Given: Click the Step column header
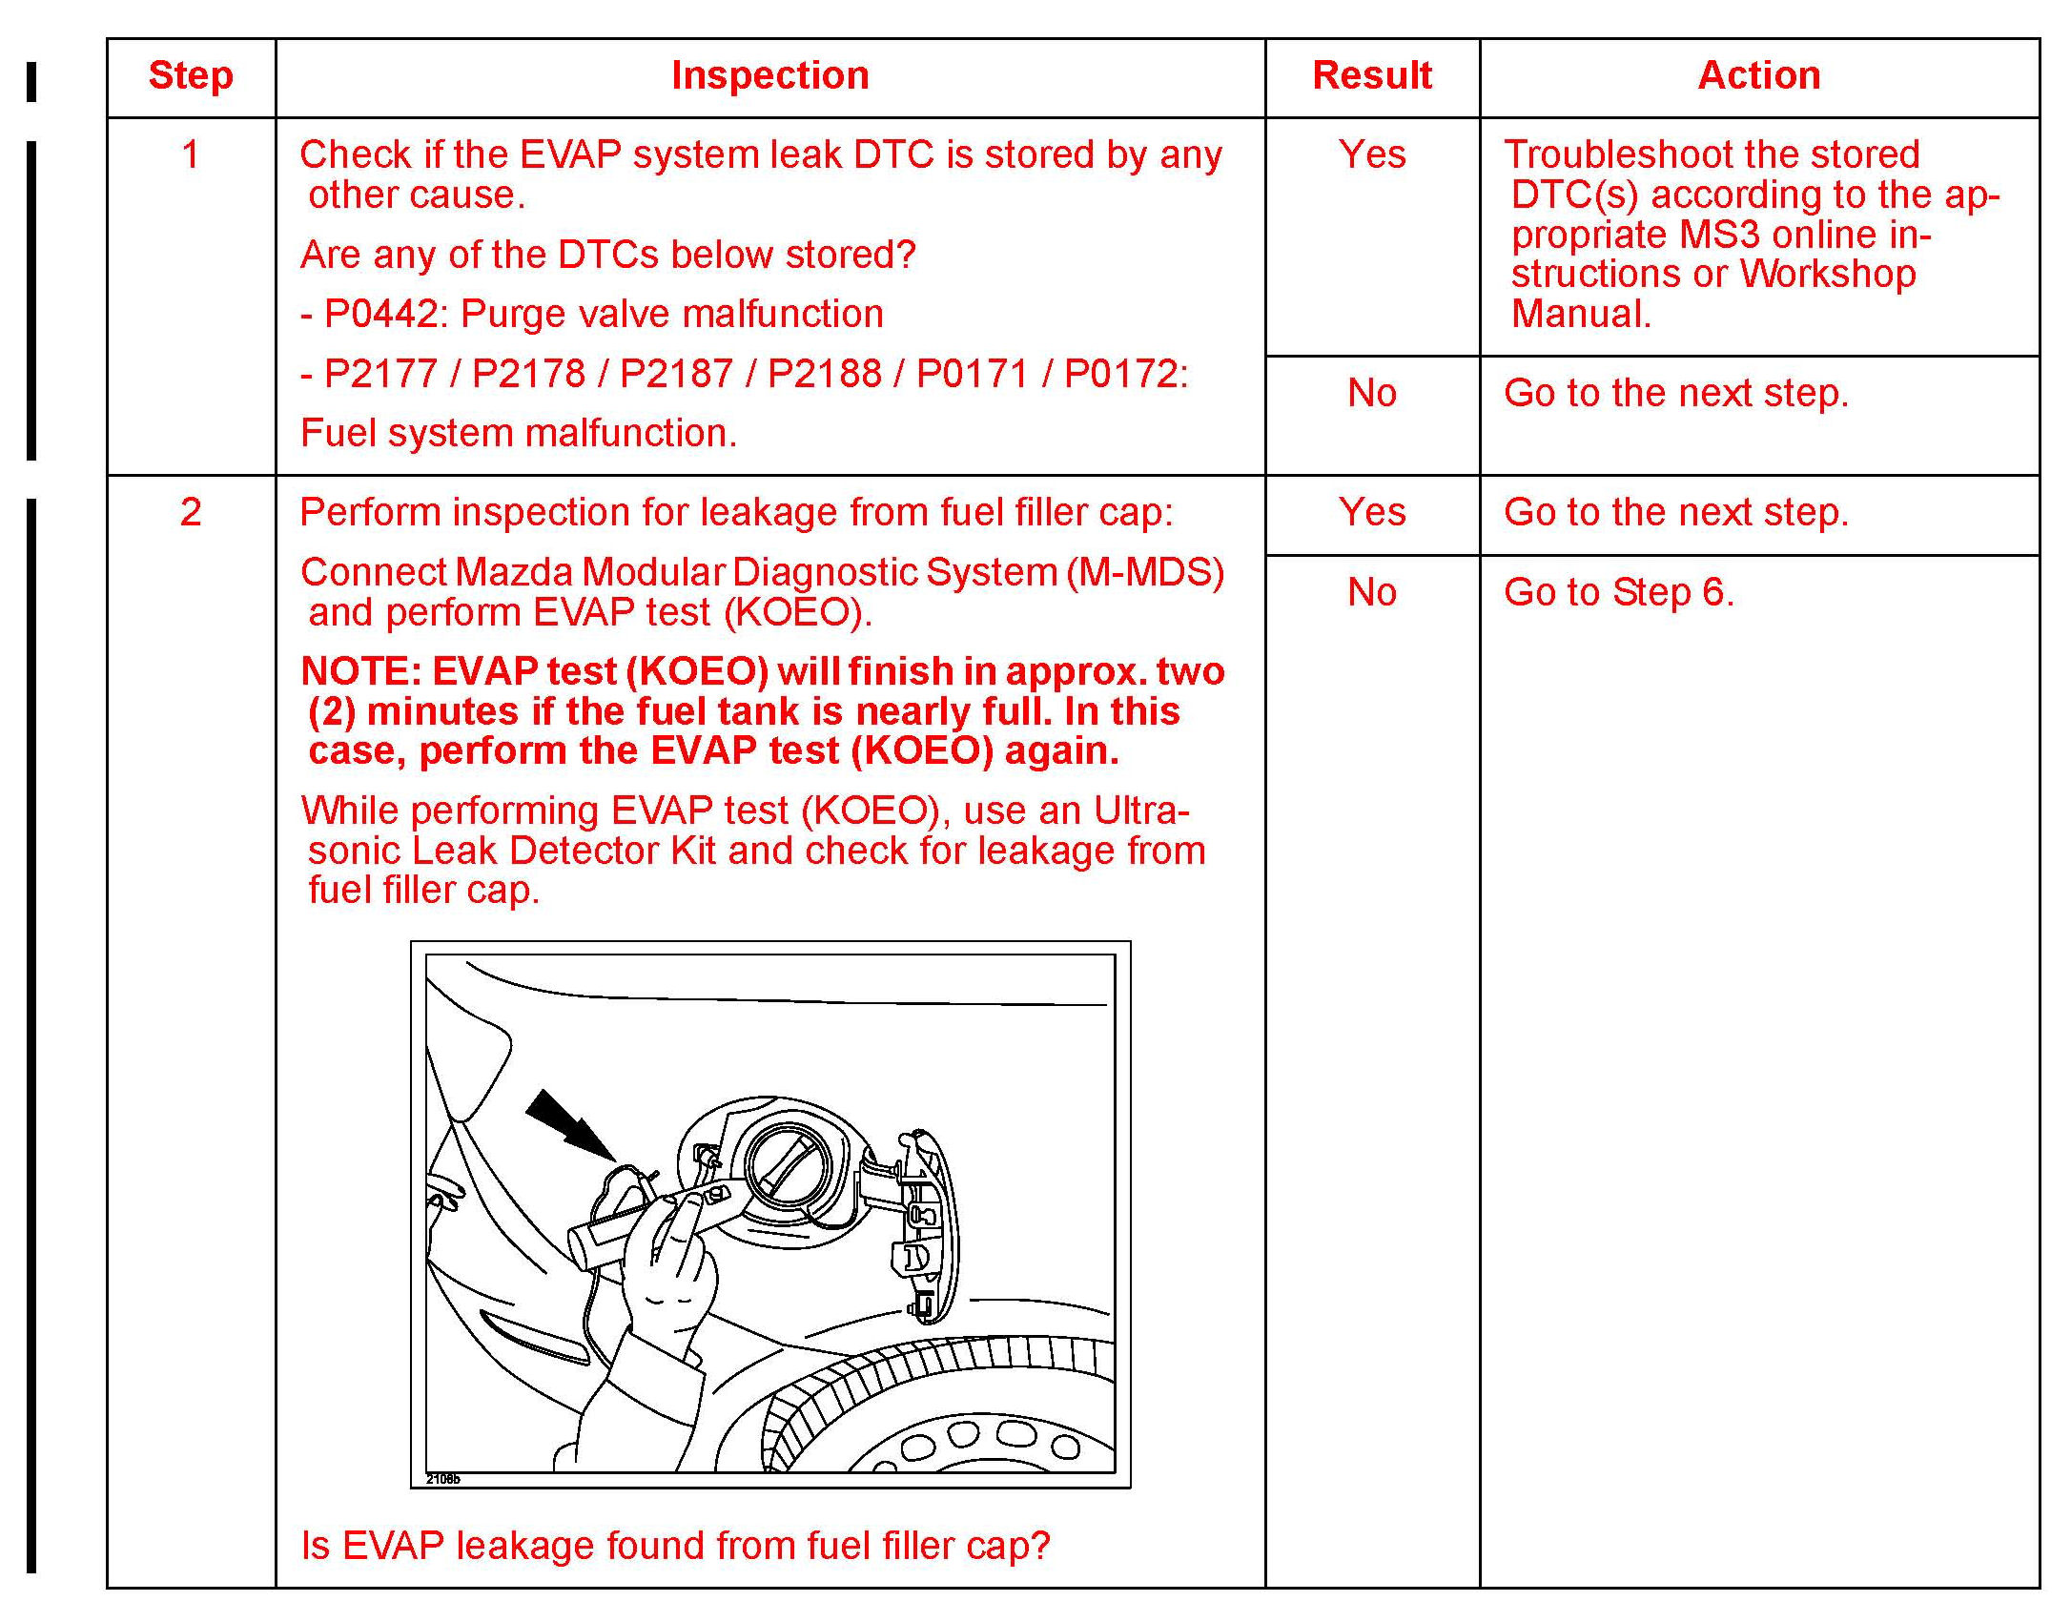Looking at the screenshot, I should pyautogui.click(x=191, y=76).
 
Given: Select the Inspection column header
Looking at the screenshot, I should pyautogui.click(x=769, y=76).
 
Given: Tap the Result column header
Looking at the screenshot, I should pyautogui.click(x=1371, y=76).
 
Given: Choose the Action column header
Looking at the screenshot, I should pyautogui.click(x=1758, y=76).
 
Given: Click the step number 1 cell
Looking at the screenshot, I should pyautogui.click(x=191, y=154).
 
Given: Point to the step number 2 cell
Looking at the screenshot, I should pyautogui.click(x=191, y=513).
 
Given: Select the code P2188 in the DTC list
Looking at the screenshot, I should pyautogui.click(x=824, y=374).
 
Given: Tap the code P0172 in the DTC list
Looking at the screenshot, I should pyautogui.click(x=1120, y=374).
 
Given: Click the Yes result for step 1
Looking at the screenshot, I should pyautogui.click(x=1371, y=154).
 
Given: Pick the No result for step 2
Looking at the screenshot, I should pyautogui.click(x=1371, y=593).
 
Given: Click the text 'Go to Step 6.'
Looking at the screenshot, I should pyautogui.click(x=1618, y=593).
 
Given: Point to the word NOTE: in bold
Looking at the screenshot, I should pyautogui.click(x=361, y=672).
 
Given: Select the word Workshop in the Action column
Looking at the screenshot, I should pyautogui.click(x=1827, y=275).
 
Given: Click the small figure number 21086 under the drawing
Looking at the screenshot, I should pyautogui.click(x=442, y=1479).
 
